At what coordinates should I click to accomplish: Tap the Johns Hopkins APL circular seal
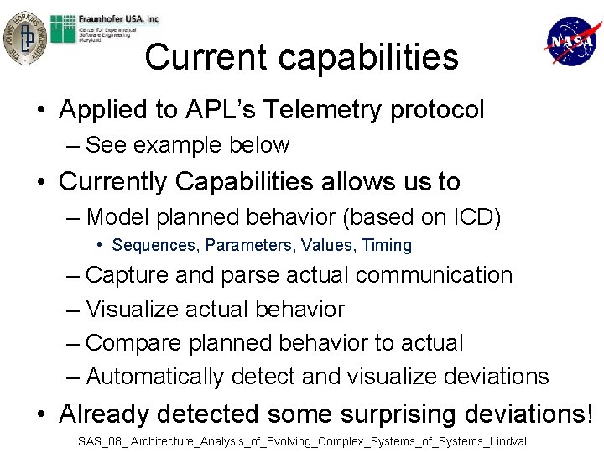[x=23, y=37]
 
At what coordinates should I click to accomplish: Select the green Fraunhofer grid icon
[x=65, y=30]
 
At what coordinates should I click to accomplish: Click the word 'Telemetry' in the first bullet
[x=316, y=110]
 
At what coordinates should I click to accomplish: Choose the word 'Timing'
[x=387, y=246]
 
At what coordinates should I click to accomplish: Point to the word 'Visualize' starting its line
[x=135, y=310]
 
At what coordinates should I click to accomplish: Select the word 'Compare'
[x=134, y=343]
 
